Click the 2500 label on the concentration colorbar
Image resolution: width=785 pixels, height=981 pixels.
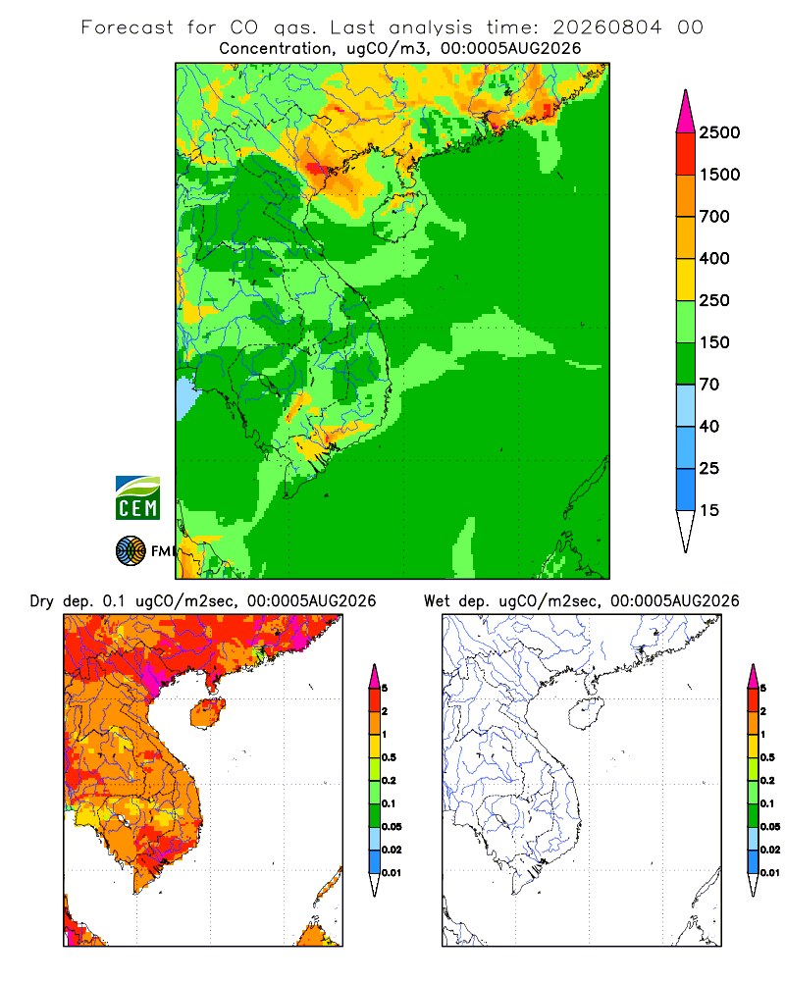[719, 132]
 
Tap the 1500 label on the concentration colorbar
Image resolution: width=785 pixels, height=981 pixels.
[719, 175]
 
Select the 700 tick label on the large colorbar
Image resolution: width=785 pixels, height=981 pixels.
[714, 217]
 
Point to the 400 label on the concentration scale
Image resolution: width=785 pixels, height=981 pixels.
[714, 258]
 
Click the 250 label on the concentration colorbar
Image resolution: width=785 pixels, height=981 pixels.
[714, 300]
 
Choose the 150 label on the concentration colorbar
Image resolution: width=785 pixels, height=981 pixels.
[714, 342]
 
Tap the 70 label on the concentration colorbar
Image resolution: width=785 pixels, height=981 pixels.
[709, 385]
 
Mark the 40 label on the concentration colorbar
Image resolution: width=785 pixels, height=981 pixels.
[709, 426]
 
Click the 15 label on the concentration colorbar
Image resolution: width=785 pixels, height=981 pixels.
[709, 510]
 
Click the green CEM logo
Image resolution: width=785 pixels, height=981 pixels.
[137, 498]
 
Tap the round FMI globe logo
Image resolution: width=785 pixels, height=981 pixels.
[131, 551]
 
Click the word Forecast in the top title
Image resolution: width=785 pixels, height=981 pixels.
[128, 27]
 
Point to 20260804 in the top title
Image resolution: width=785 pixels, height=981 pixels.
[606, 27]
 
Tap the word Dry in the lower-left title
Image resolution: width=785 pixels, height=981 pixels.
[42, 601]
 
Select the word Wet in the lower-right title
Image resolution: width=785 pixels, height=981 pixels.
[437, 601]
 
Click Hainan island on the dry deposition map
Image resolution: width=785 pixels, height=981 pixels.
[207, 713]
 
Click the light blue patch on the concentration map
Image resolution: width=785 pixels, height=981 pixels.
[185, 398]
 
